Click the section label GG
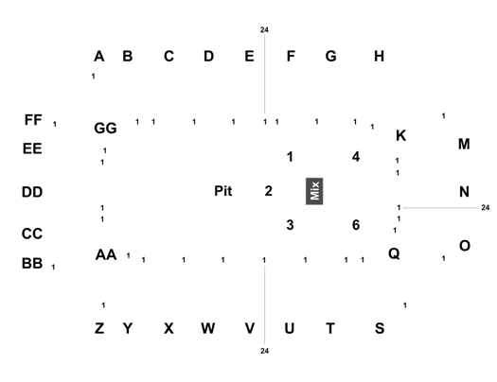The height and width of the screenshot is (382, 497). (x=105, y=129)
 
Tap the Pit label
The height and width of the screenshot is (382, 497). (x=223, y=191)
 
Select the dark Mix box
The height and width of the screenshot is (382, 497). (x=314, y=191)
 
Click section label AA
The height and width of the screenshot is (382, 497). (x=106, y=254)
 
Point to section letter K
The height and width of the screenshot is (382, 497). (x=401, y=136)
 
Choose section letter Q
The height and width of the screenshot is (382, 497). (x=394, y=253)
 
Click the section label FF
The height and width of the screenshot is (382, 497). (x=33, y=120)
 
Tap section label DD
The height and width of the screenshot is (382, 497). (x=32, y=192)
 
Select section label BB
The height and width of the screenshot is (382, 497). (x=32, y=264)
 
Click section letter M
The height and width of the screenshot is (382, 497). (x=464, y=145)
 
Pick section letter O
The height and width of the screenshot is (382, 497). (x=465, y=246)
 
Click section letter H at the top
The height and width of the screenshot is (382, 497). (x=379, y=57)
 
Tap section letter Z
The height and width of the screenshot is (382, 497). (x=99, y=328)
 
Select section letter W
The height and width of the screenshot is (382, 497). (x=208, y=328)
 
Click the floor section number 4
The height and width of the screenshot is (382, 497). (x=356, y=157)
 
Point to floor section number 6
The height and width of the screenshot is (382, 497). (x=356, y=225)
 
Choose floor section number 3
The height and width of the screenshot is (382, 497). (x=290, y=225)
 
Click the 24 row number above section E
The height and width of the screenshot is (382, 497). (x=264, y=30)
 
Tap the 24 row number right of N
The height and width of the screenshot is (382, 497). (x=486, y=208)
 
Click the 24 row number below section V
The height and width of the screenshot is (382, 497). (x=265, y=351)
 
